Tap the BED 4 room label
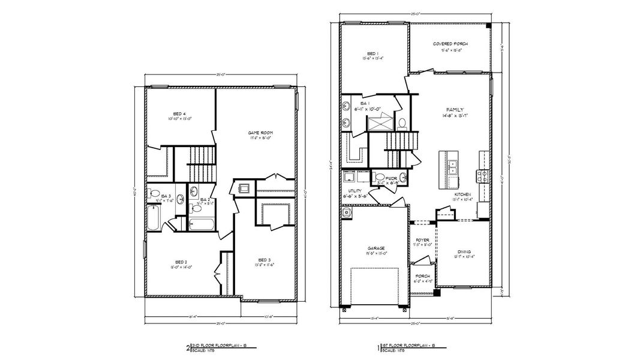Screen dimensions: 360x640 click(x=179, y=113)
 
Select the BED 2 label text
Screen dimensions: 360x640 click(x=182, y=262)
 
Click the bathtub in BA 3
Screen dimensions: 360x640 click(x=154, y=218)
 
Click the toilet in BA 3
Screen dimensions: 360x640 click(x=154, y=194)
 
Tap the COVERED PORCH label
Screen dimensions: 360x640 click(x=450, y=44)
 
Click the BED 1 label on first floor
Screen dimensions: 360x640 click(x=372, y=54)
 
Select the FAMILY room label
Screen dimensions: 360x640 click(x=454, y=109)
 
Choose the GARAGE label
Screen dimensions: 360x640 click(x=377, y=248)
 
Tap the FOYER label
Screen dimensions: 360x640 click(x=422, y=240)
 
